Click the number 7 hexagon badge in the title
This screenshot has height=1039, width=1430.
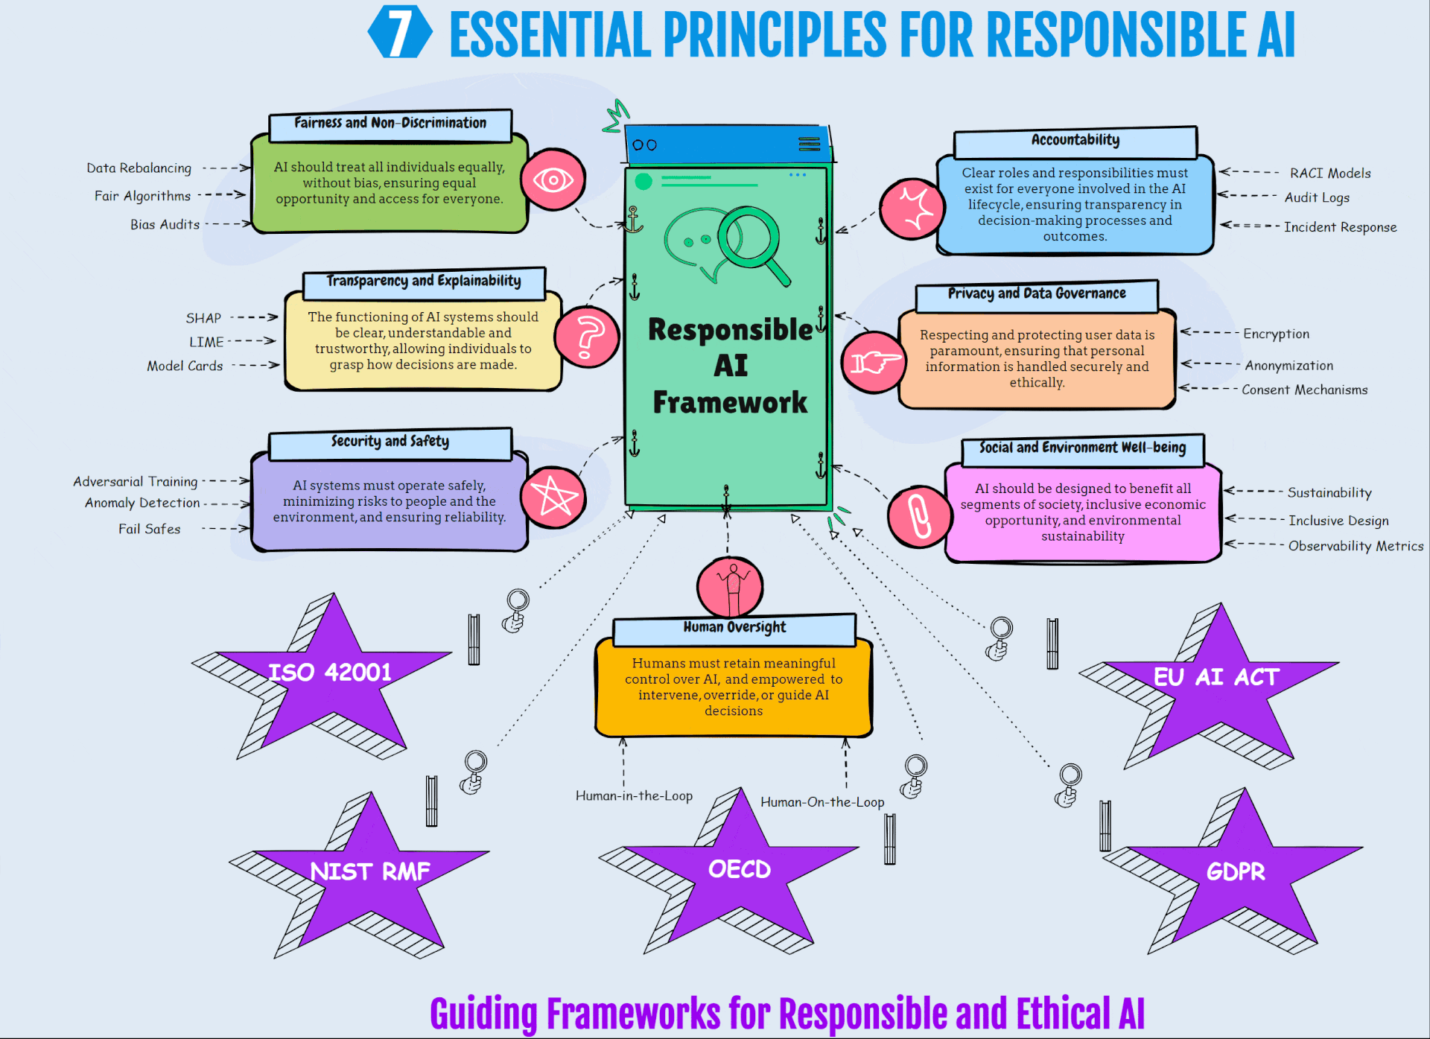[400, 33]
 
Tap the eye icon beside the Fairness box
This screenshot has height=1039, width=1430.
[553, 179]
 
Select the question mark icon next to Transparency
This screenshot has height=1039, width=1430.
[587, 337]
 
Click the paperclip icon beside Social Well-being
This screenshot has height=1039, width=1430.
[919, 515]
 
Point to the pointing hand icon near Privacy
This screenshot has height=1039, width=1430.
[874, 362]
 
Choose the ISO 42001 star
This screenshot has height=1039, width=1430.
[330, 673]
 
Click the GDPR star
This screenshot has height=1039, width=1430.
[1235, 871]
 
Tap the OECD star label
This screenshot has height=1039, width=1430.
[739, 869]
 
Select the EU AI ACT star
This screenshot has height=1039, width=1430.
[1215, 677]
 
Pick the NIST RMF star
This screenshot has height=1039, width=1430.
[369, 871]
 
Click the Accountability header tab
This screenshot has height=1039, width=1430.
[1075, 141]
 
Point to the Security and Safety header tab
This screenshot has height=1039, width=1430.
[390, 442]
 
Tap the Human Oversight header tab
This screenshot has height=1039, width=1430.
[734, 628]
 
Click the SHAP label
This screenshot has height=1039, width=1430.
[203, 318]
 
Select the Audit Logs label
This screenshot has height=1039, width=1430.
[1317, 197]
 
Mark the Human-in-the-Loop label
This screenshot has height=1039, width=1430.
[634, 795]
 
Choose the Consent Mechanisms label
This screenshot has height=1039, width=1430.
[1304, 390]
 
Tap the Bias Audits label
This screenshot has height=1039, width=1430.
[165, 224]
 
